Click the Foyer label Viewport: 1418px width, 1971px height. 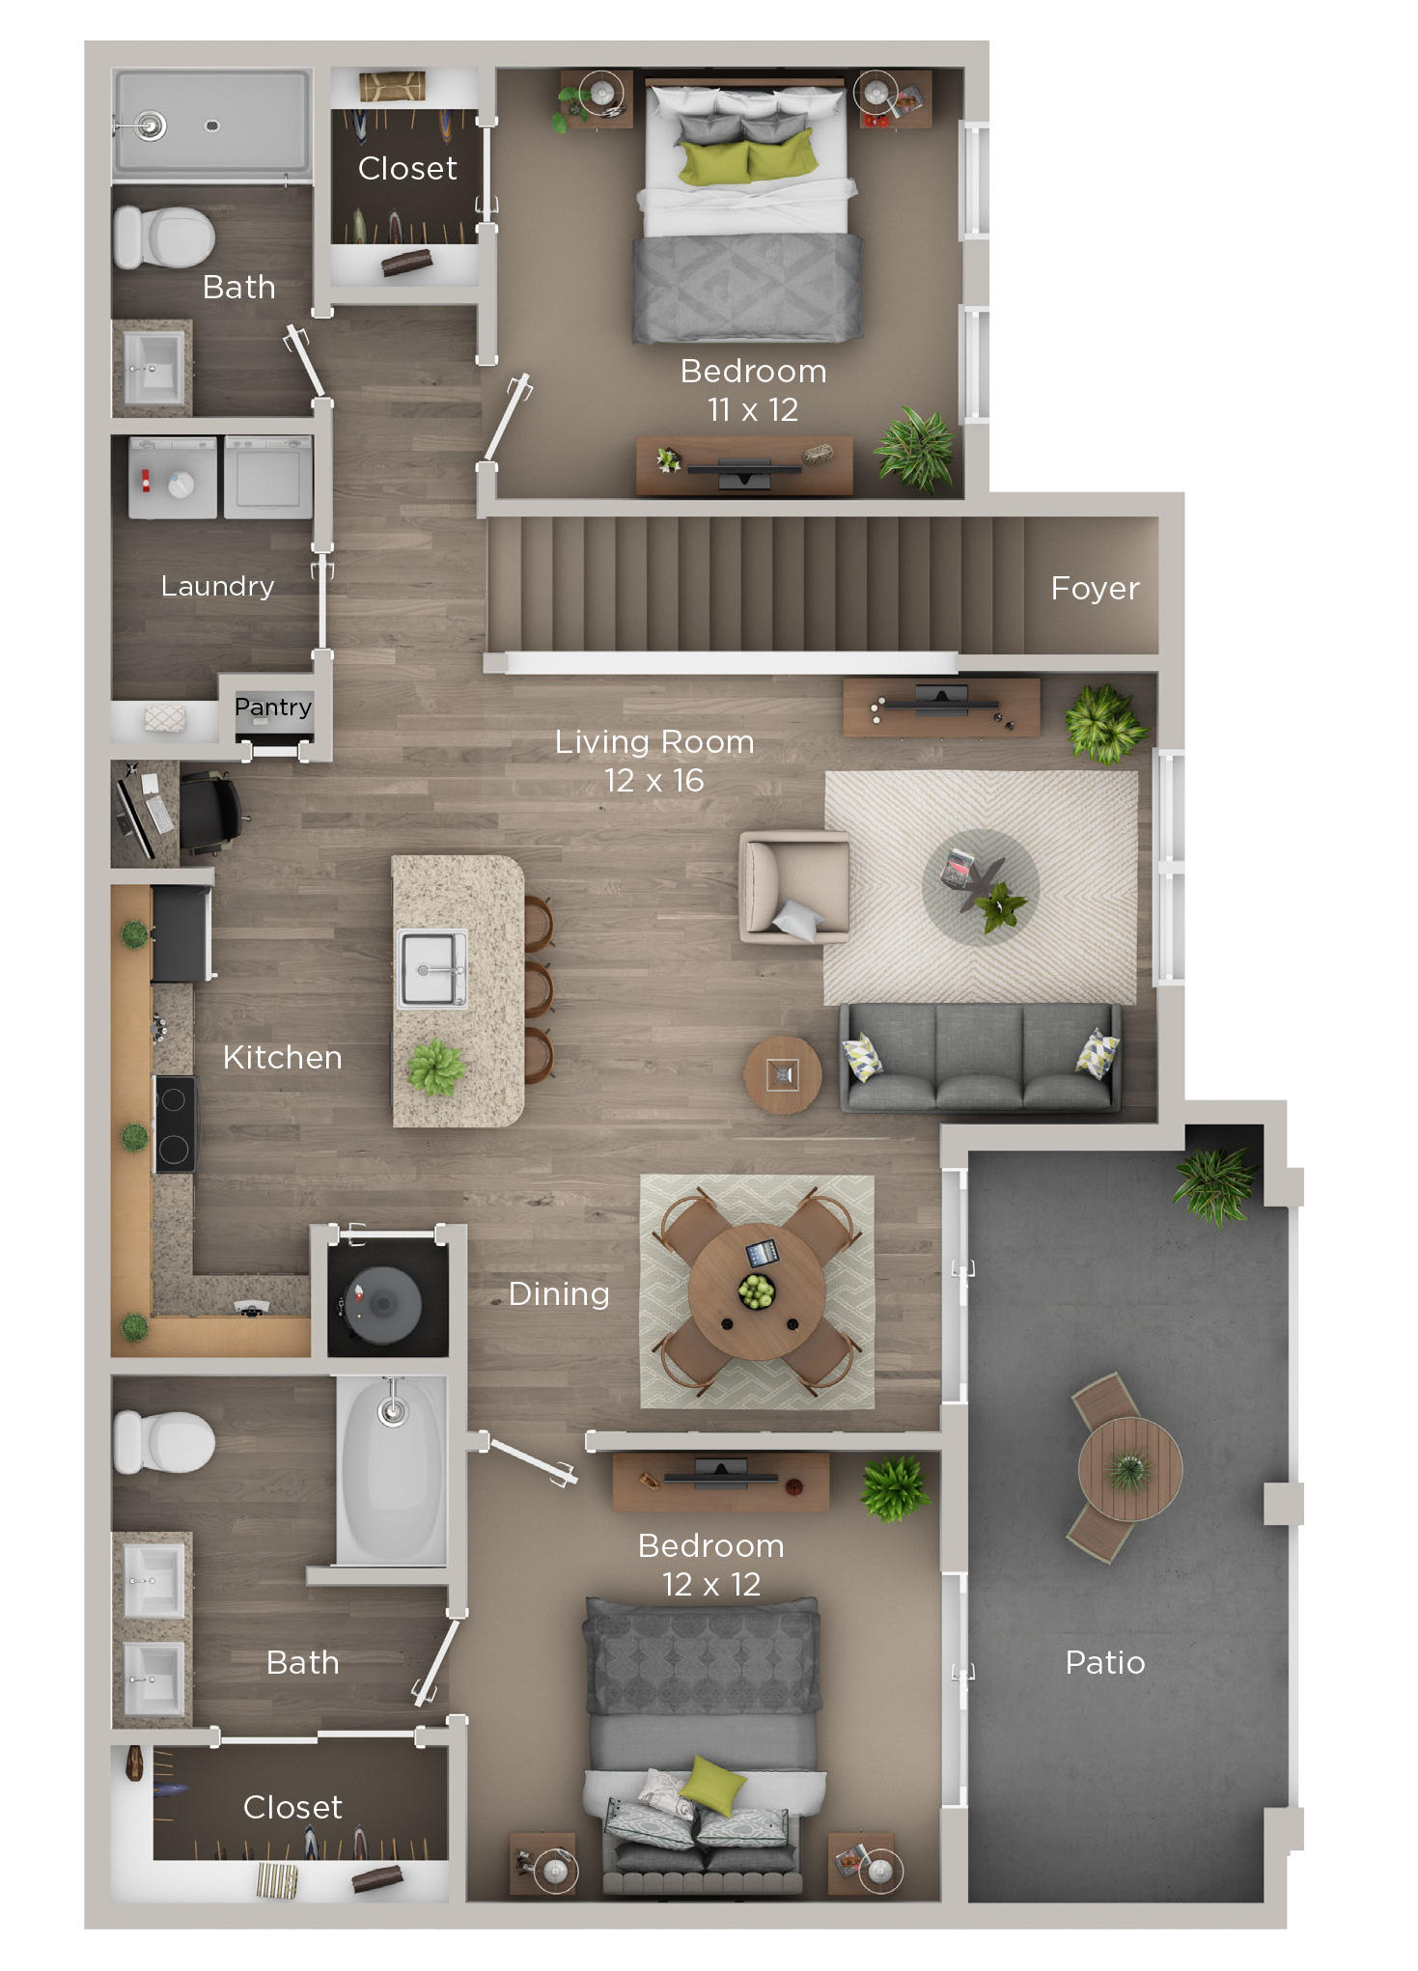pyautogui.click(x=1095, y=588)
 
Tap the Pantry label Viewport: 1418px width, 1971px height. pyautogui.click(x=272, y=708)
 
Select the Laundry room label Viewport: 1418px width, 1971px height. pyautogui.click(x=217, y=586)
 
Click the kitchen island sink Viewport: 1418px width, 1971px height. pyautogui.click(x=432, y=968)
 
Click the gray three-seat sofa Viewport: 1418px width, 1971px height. pyautogui.click(x=980, y=1059)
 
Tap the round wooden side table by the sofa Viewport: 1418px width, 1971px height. pyautogui.click(x=782, y=1074)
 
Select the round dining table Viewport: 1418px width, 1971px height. pyautogui.click(x=757, y=1291)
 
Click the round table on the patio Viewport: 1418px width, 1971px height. pyautogui.click(x=1129, y=1469)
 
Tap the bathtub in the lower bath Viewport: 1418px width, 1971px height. pyautogui.click(x=392, y=1469)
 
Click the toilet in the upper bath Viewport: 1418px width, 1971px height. pyautogui.click(x=164, y=237)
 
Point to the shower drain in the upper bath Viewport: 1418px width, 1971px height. pyautogui.click(x=212, y=125)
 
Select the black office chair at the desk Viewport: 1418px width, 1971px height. pyautogui.click(x=209, y=812)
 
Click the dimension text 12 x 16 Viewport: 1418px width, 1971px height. pyautogui.click(x=653, y=780)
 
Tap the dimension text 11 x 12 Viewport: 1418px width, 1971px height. pyautogui.click(x=752, y=410)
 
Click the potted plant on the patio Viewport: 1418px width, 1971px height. pyautogui.click(x=1214, y=1183)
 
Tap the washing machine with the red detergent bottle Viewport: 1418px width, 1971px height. pyautogui.click(x=172, y=479)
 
